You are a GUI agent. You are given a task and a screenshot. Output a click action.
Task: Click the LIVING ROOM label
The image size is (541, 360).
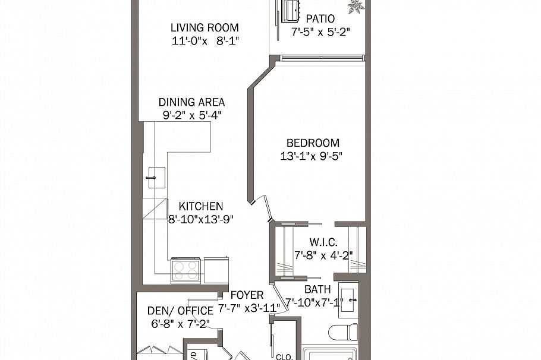tap(205, 27)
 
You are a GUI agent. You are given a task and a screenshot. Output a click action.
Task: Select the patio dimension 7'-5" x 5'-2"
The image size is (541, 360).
tap(320, 33)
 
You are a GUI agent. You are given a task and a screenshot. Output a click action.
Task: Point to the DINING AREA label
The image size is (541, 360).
tap(191, 102)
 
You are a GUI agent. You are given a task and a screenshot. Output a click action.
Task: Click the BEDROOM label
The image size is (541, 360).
tap(313, 143)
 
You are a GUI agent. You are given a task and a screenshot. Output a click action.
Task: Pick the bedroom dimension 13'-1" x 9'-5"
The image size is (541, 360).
tap(312, 157)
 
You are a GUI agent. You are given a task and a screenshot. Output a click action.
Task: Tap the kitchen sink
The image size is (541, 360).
tap(156, 177)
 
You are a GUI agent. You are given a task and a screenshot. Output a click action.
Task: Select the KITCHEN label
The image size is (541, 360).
tap(201, 206)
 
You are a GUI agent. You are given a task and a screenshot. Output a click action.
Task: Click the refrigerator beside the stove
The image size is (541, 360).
tap(215, 270)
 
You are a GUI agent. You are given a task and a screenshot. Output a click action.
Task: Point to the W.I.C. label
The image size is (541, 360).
tap(324, 242)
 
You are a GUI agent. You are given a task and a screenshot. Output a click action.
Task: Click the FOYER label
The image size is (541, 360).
tap(247, 295)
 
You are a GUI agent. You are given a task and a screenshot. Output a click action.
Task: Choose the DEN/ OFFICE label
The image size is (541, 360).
tap(180, 311)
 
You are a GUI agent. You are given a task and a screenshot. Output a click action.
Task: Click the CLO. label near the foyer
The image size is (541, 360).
tap(284, 356)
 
